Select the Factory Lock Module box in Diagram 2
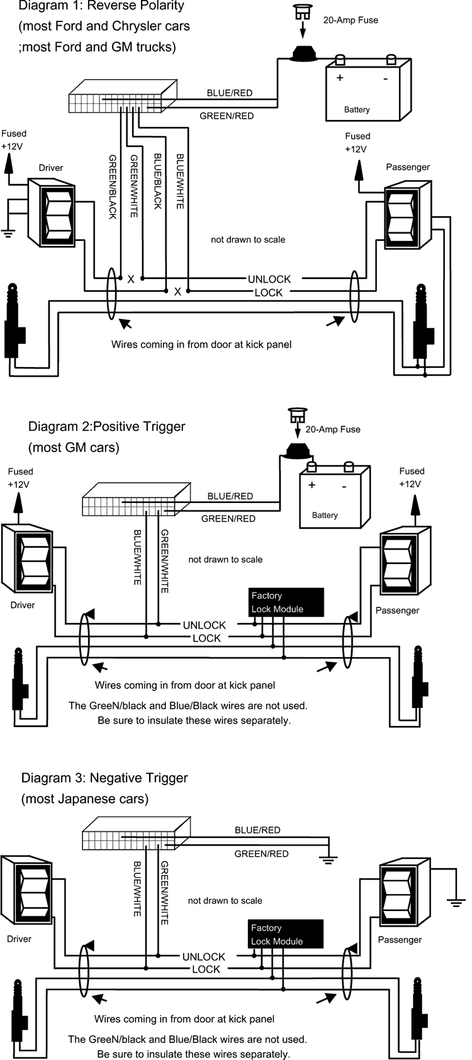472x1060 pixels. click(286, 602)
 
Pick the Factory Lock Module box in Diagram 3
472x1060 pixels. click(286, 934)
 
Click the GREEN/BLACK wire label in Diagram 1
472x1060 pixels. click(112, 187)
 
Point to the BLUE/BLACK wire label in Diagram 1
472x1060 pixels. click(158, 181)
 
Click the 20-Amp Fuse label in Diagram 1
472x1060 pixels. click(351, 20)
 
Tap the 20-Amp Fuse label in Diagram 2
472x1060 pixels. click(333, 429)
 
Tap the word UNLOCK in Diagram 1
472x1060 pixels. click(269, 279)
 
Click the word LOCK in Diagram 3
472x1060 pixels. click(206, 969)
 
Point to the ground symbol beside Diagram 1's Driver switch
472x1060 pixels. click(8, 232)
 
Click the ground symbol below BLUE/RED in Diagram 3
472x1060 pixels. click(329, 860)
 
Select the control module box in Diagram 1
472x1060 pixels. click(123, 96)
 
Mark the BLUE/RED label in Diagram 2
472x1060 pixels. click(230, 496)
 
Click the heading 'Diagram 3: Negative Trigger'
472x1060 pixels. click(104, 778)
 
